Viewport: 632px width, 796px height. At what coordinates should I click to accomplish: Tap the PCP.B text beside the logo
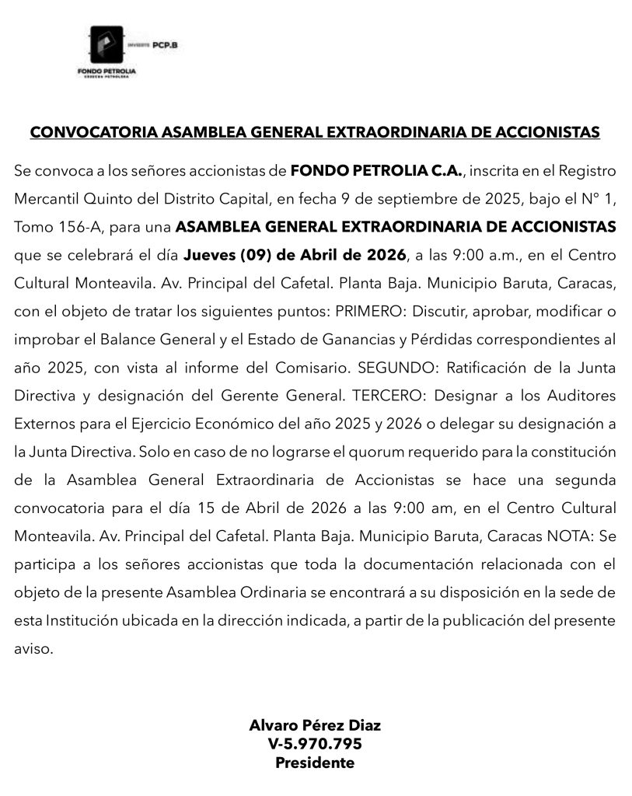[166, 45]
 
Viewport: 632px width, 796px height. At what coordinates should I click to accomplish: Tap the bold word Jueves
[209, 255]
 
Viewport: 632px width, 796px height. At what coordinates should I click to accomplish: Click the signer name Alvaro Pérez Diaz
[315, 725]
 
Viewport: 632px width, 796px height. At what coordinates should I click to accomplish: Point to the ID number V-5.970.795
[315, 744]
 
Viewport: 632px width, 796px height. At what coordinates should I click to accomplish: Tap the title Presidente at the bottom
[315, 763]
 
